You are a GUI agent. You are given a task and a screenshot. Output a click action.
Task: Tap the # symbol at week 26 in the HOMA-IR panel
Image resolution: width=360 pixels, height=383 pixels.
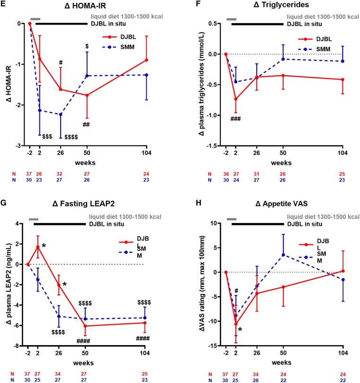click(61, 62)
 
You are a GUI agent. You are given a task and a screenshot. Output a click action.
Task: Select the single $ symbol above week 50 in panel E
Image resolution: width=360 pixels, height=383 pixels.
click(87, 46)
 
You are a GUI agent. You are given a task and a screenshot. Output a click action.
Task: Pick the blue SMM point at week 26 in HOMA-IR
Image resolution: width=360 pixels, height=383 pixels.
click(61, 114)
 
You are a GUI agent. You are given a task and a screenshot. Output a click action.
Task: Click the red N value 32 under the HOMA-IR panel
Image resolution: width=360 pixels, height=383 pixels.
click(61, 174)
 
